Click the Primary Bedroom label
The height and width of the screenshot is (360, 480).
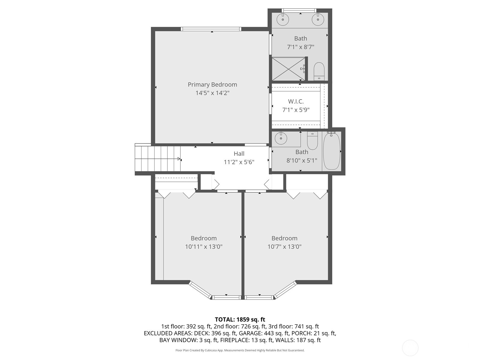pyautogui.click(x=212, y=85)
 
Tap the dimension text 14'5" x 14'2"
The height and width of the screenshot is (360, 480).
pyautogui.click(x=212, y=93)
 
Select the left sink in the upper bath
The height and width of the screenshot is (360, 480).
pyautogui.click(x=282, y=20)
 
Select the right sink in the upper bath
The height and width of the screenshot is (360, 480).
pyautogui.click(x=318, y=20)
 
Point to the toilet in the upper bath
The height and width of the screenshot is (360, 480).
pyautogui.click(x=319, y=71)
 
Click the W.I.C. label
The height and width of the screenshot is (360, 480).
pyautogui.click(x=296, y=101)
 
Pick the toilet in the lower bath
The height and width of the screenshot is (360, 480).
pyautogui.click(x=312, y=140)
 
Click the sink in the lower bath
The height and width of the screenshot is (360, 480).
pyautogui.click(x=281, y=138)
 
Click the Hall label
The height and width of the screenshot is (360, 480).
pyautogui.click(x=239, y=154)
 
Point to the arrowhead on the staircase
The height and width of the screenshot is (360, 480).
pyautogui.click(x=179, y=159)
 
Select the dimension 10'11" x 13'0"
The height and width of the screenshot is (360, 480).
pyautogui.click(x=203, y=247)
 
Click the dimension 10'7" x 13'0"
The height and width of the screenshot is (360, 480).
pyautogui.click(x=284, y=247)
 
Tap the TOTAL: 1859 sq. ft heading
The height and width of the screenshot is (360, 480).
pyautogui.click(x=240, y=319)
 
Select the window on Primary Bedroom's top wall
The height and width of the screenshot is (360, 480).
pyautogui.click(x=211, y=29)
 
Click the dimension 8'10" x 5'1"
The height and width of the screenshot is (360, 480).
pyautogui.click(x=301, y=160)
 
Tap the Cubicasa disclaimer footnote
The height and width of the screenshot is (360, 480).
pyautogui.click(x=240, y=350)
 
